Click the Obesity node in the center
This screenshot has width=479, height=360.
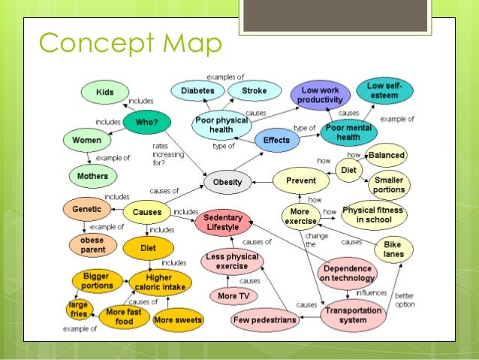[227, 182]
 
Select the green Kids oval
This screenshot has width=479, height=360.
[105, 92]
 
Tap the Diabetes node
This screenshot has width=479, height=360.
[197, 91]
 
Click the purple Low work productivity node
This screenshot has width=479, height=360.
[321, 95]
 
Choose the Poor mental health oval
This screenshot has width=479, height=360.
[348, 132]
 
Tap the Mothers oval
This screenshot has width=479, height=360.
[93, 177]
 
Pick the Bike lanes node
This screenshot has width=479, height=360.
[393, 250]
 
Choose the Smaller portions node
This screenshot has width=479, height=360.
[388, 185]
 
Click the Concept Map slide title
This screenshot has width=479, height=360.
[129, 44]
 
